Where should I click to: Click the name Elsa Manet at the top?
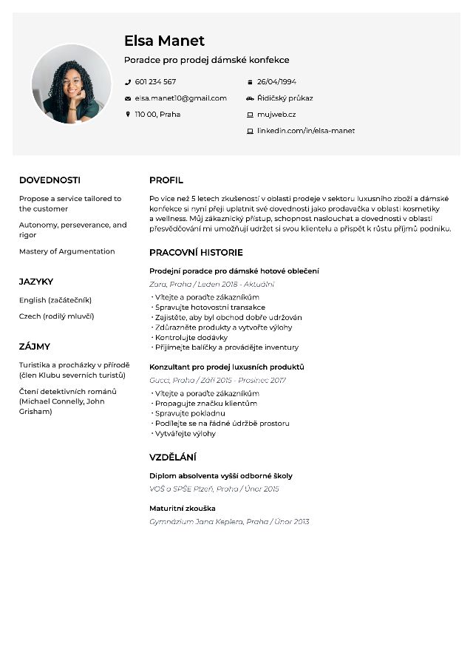coord(164,41)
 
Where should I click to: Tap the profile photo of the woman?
coord(71,84)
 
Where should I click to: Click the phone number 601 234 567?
coord(155,82)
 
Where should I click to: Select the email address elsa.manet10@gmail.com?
coord(180,98)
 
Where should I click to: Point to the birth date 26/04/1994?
coord(276,82)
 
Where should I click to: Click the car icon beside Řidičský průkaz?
coord(250,98)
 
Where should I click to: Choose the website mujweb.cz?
coord(276,115)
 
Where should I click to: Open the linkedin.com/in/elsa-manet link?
coord(305,131)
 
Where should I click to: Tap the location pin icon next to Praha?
coord(128,115)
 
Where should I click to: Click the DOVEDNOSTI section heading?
coord(50,180)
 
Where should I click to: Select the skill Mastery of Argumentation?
coord(67,251)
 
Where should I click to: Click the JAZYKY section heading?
coord(36,282)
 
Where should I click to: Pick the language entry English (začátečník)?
coord(55,300)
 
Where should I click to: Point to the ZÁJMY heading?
coord(35,347)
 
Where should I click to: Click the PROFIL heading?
coord(166,180)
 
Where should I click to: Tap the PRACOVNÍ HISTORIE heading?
coord(196,253)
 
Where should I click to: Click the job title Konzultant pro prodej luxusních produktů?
coord(227,367)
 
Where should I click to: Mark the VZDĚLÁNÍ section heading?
coord(173,458)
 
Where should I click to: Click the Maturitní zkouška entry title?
coord(183,509)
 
